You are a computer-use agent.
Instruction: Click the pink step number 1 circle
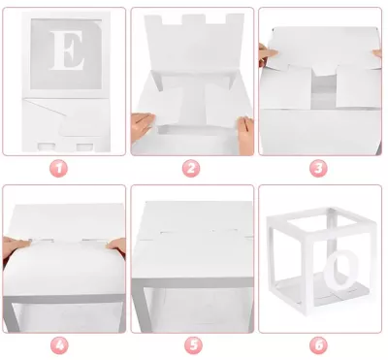pyautogui.click(x=58, y=169)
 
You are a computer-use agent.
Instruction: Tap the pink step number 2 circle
pyautogui.click(x=191, y=169)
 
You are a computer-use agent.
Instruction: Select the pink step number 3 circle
pyautogui.click(x=318, y=169)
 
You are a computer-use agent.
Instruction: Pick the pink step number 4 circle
pyautogui.click(x=59, y=345)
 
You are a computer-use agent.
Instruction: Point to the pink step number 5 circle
pyautogui.click(x=193, y=345)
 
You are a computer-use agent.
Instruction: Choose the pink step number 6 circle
pyautogui.click(x=319, y=345)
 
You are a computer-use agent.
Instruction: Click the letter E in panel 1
pyautogui.click(x=67, y=49)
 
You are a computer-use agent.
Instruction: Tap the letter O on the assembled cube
pyautogui.click(x=341, y=270)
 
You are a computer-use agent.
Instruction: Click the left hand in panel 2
pyautogui.click(x=142, y=126)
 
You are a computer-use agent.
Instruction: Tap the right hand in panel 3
pyautogui.click(x=377, y=53)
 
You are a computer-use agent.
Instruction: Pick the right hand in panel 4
pyautogui.click(x=116, y=245)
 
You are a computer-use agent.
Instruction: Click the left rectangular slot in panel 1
pyautogui.click(x=47, y=147)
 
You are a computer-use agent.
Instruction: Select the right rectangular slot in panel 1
pyautogui.click(x=84, y=147)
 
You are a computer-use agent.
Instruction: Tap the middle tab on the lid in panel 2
pyautogui.click(x=194, y=19)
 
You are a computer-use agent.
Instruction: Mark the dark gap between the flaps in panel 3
pyautogui.click(x=323, y=91)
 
